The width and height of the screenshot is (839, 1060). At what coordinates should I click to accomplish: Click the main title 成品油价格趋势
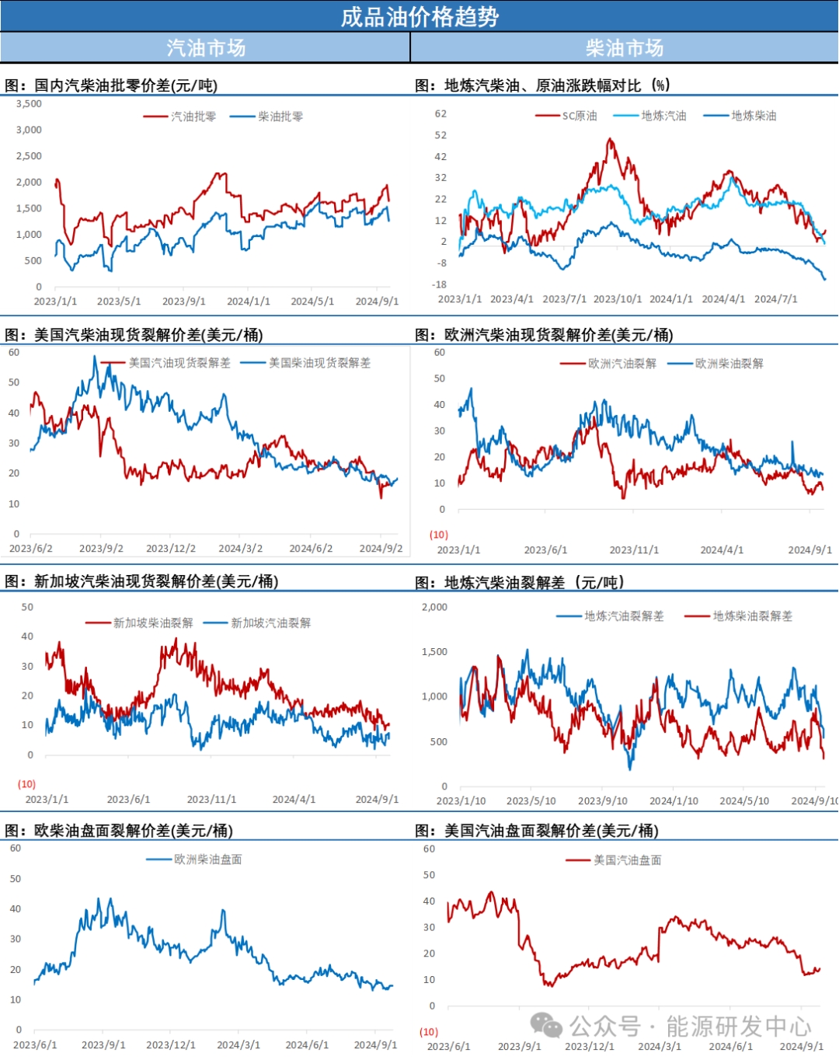tap(419, 16)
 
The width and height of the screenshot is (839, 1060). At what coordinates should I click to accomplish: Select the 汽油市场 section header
tap(206, 48)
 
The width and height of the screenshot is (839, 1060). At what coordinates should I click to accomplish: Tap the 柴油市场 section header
tap(625, 48)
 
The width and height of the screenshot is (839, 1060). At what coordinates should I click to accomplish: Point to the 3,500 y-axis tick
tap(30, 103)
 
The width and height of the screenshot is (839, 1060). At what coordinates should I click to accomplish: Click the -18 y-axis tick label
tap(440, 284)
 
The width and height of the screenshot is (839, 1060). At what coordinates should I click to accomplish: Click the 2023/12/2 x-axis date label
tap(171, 549)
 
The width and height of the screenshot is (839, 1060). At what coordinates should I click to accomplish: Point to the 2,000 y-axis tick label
tap(434, 607)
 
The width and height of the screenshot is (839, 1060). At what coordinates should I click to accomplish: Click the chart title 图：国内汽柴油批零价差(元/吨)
tap(111, 85)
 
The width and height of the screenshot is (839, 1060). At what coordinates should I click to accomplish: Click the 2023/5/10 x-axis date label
tap(531, 800)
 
